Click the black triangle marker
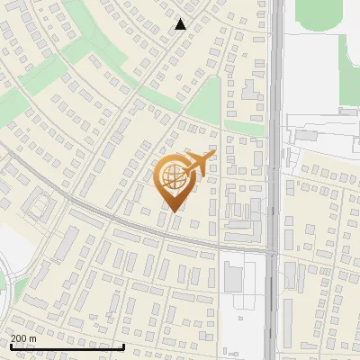click(x=181, y=24)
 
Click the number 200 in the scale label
click(x=19, y=338)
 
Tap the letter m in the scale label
click(x=33, y=338)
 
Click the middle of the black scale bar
click(x=67, y=346)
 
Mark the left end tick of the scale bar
click(x=10, y=346)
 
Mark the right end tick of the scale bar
click(x=123, y=346)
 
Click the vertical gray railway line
click(x=275, y=135)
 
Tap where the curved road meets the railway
click(x=274, y=251)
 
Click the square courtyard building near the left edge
click(x=38, y=206)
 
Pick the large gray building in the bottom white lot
click(x=234, y=276)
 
